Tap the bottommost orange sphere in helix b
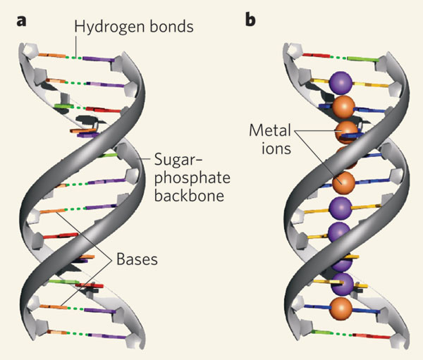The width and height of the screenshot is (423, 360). tap(342, 308)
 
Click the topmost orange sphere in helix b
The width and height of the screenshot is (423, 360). tap(343, 107)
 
